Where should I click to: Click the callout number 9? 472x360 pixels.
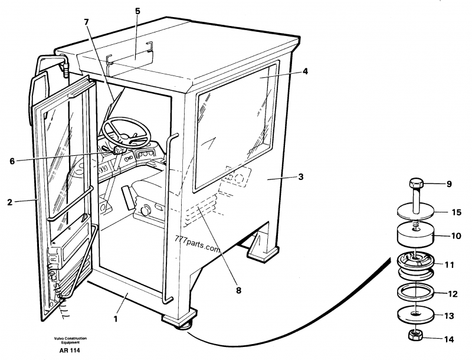point(448,184)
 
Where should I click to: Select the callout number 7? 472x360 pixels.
point(86,22)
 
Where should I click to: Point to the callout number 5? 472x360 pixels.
point(137,11)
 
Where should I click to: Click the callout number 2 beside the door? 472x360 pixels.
point(9,202)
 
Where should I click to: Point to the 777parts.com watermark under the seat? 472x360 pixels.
point(197,246)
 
